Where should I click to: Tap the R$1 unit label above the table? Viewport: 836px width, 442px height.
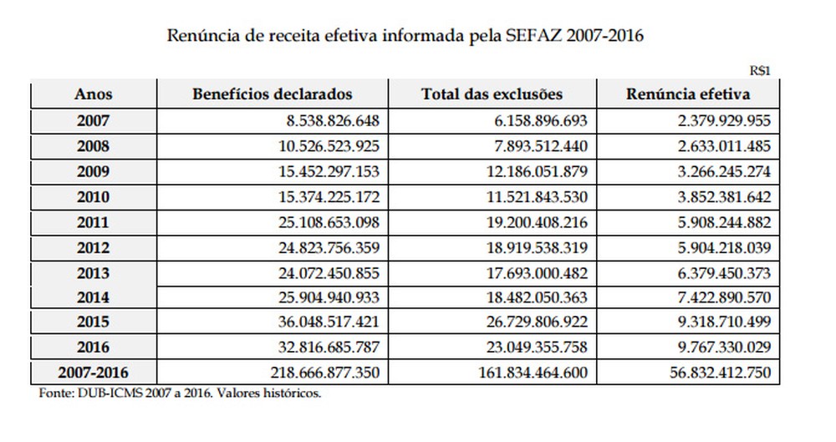coord(760,71)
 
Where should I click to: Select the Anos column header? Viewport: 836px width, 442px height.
coord(94,94)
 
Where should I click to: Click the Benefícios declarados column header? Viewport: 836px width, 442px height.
coord(273,94)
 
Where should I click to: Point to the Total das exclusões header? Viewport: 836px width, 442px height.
coord(492,94)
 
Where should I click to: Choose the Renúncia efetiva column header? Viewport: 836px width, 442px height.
coord(688,94)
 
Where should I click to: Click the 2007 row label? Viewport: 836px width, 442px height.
coord(94,121)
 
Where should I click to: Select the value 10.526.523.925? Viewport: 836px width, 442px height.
coord(329,146)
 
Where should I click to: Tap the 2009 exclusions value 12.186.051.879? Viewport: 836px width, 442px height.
coord(537,171)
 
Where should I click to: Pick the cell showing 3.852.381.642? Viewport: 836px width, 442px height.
coord(725,197)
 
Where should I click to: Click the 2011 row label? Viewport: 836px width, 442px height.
coord(94,222)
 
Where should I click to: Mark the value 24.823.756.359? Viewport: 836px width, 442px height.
coord(329,248)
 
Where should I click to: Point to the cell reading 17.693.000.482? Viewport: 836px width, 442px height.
coord(537,273)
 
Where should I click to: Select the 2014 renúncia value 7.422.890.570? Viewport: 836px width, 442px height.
coord(725,297)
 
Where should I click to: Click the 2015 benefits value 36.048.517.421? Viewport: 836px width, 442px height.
coord(329,322)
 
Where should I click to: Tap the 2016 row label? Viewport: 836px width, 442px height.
coord(94,348)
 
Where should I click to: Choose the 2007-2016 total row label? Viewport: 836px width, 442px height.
coord(94,372)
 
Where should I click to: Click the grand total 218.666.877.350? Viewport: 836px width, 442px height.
coord(324,372)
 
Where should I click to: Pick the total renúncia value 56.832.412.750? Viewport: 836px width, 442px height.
coord(721,372)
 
